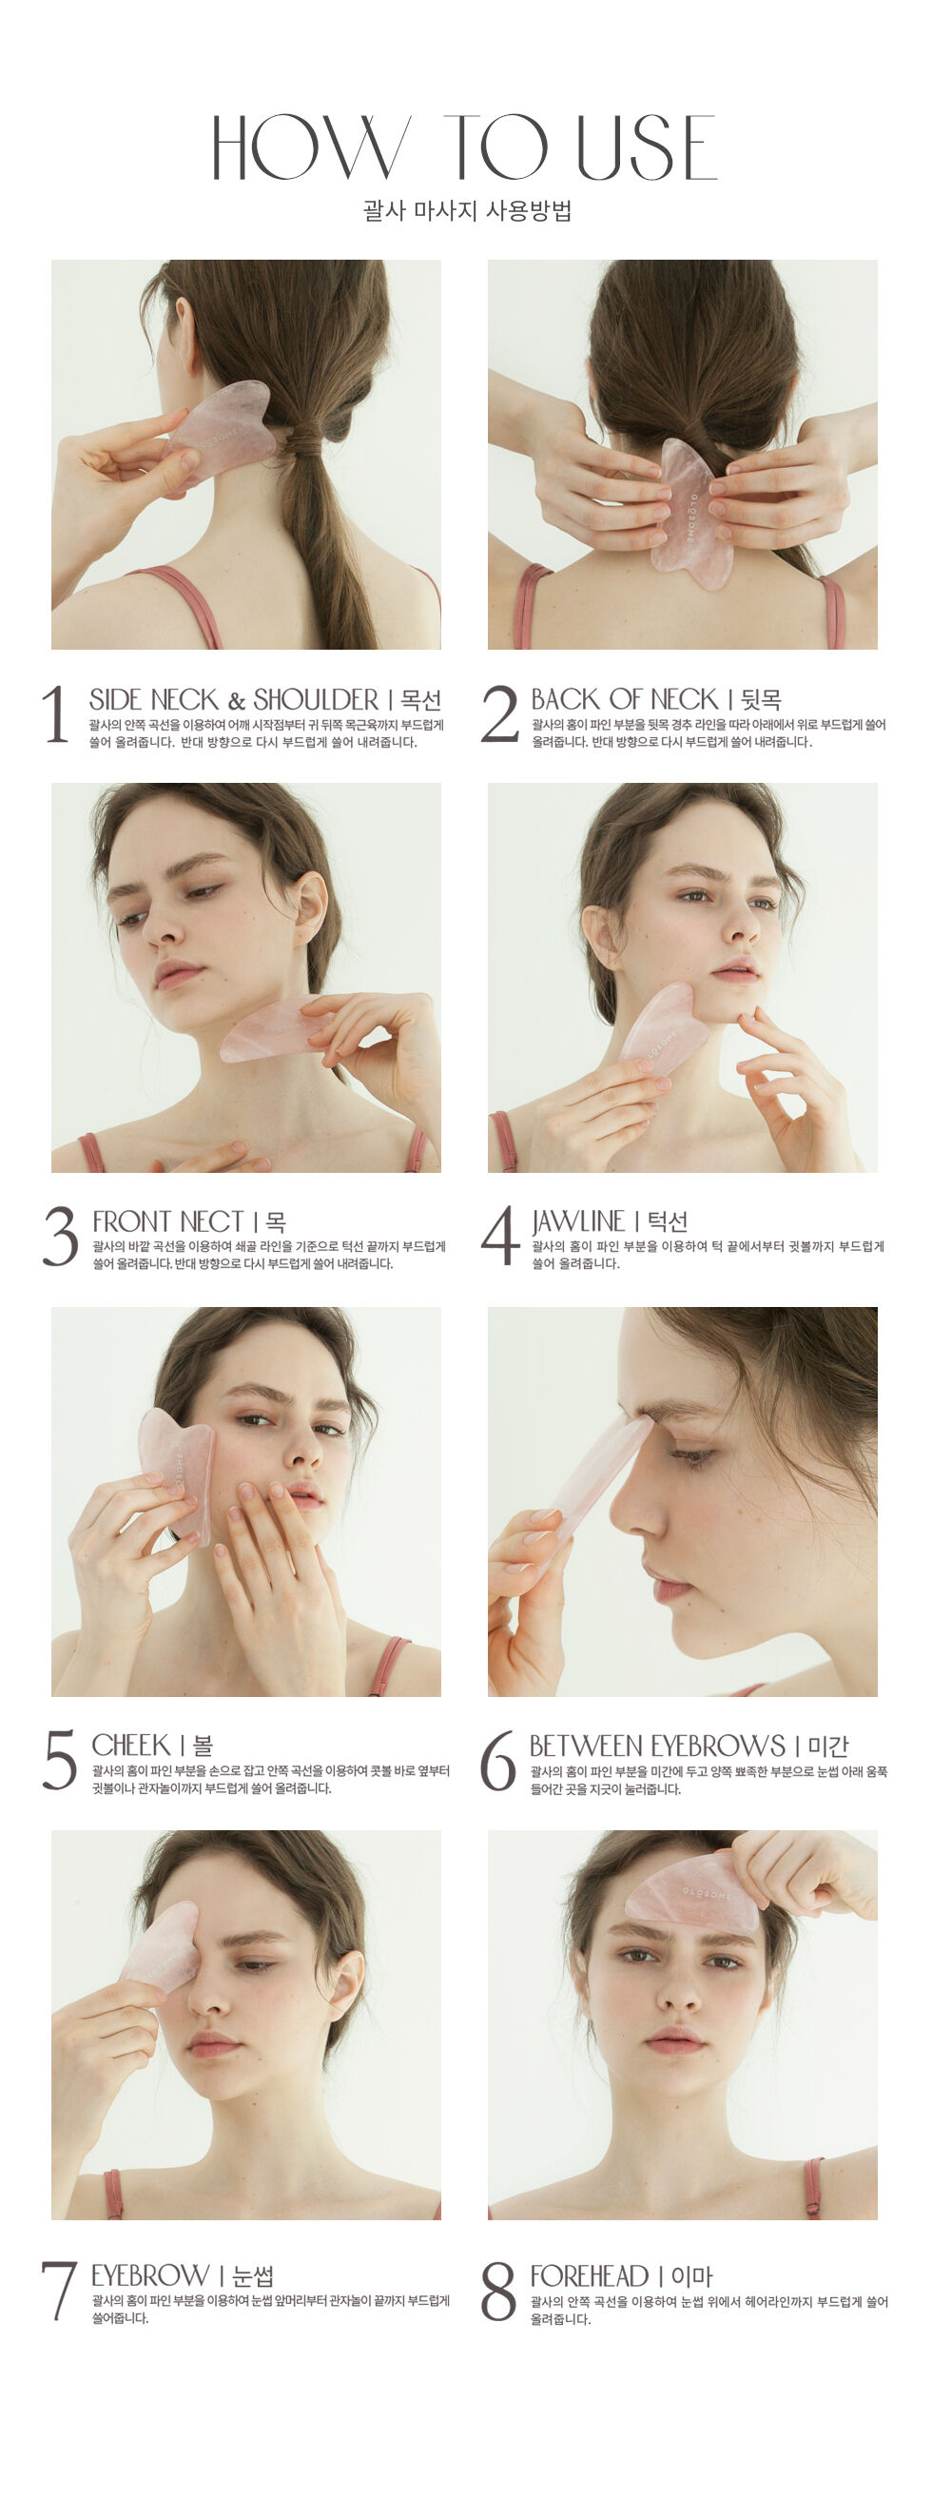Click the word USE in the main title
tap(647, 147)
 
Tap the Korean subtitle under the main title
tap(466, 210)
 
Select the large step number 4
tap(500, 1235)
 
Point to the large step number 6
tap(498, 1760)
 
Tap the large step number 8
tap(498, 2292)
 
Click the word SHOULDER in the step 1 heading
tap(316, 699)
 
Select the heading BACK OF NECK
tap(624, 698)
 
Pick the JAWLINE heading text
tap(578, 1221)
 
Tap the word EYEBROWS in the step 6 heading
tap(718, 1746)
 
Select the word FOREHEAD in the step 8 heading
tap(589, 2275)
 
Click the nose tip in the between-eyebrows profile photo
tap(621, 1520)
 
